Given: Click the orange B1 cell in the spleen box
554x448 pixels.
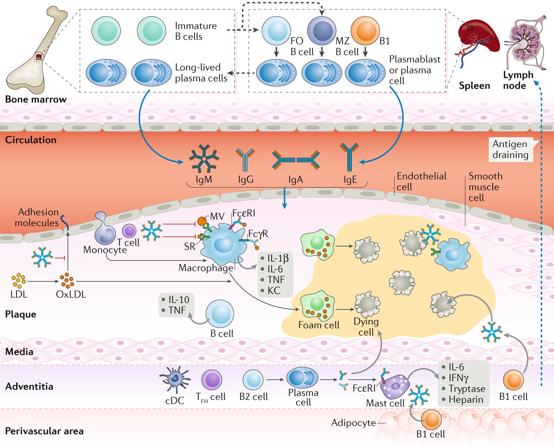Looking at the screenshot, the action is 365,30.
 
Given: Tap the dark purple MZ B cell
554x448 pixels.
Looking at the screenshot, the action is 322,31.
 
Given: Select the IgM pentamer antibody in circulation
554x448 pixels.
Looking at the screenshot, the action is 204,159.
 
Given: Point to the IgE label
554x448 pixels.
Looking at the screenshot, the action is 350,180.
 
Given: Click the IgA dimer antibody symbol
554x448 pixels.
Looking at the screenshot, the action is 296,160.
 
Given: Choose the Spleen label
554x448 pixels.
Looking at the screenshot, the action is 474,86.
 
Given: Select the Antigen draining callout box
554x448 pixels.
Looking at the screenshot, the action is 511,149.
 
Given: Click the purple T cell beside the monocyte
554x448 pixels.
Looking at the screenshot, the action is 129,231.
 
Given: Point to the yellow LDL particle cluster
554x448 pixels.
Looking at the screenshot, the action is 18,281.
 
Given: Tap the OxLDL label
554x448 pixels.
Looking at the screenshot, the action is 71,294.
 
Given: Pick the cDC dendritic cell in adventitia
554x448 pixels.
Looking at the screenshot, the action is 175,379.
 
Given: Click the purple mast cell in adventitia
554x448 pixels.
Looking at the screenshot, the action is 395,386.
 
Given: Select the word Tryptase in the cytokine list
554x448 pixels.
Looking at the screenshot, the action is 467,389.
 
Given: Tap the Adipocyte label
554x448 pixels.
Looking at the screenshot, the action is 354,422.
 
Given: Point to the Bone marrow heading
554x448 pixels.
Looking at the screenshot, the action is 36,99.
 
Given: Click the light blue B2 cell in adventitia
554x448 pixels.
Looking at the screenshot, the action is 253,380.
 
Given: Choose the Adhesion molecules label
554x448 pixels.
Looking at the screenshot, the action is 37,217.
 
